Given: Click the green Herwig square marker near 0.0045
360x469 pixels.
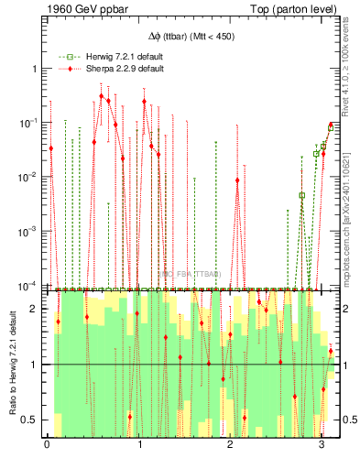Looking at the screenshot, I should click(301, 195).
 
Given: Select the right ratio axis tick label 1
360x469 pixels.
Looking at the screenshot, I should click(342, 365).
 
